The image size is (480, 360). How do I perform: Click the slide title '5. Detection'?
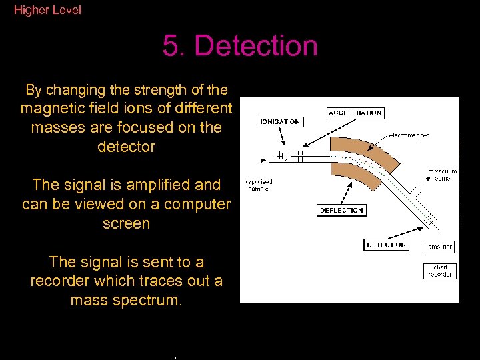(240, 46)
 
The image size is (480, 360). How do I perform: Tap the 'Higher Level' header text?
(47, 10)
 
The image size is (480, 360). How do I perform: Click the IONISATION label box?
(281, 122)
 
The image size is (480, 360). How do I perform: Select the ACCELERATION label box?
(355, 113)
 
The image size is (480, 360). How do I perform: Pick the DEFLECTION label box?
(341, 210)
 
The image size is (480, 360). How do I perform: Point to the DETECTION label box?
(386, 245)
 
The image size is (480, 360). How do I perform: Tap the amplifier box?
(439, 247)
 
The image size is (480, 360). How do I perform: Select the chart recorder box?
(439, 271)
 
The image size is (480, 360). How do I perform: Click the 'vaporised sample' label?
(259, 185)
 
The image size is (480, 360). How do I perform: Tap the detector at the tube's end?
(431, 221)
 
